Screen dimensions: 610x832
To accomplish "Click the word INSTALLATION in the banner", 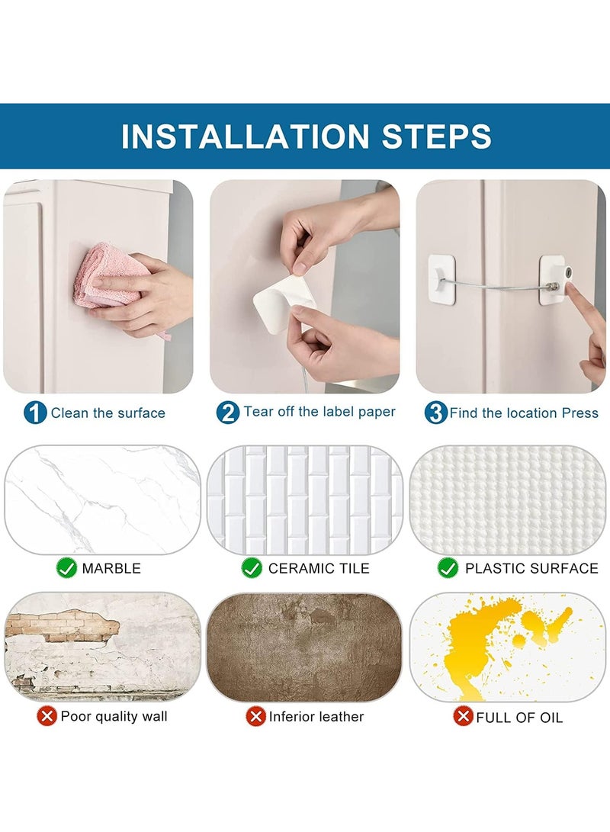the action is [245, 137].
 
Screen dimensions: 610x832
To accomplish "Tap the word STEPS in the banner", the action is [437, 137].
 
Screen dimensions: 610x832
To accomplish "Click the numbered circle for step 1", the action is [35, 413].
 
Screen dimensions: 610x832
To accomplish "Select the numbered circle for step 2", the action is [228, 412].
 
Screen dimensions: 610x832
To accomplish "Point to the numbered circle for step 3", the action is [436, 413].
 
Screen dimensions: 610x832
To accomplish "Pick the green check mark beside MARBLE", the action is [66, 567].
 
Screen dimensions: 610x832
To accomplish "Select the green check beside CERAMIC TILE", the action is [252, 567].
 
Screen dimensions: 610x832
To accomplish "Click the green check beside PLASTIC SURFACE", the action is [448, 567].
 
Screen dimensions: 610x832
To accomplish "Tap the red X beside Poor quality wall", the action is [47, 716].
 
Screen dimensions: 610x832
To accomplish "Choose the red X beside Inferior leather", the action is [255, 717].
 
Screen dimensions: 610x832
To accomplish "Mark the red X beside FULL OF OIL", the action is [463, 716].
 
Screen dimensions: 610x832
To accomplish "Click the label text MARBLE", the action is [111, 568].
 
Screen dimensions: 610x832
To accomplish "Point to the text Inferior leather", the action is [316, 717].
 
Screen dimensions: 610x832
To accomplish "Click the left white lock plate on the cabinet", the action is [441, 280].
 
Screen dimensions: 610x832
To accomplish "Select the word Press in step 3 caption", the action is [579, 413].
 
